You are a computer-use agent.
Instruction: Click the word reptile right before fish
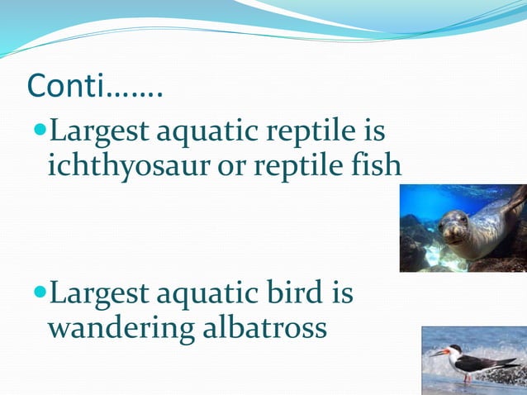(297, 165)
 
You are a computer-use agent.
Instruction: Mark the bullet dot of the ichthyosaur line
(41, 131)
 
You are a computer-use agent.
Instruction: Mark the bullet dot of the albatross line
(41, 293)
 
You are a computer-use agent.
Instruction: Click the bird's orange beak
(436, 353)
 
